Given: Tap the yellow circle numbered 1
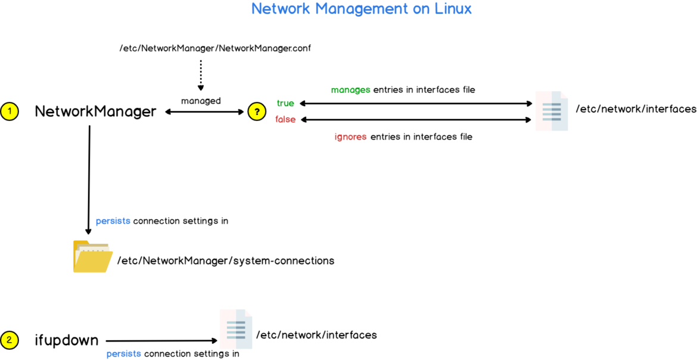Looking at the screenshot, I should pyautogui.click(x=10, y=111).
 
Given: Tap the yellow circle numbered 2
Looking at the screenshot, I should pyautogui.click(x=10, y=340).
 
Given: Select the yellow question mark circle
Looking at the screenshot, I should pyautogui.click(x=257, y=111).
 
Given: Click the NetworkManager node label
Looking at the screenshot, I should pyautogui.click(x=95, y=111).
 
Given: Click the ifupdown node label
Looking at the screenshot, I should pyautogui.click(x=67, y=340).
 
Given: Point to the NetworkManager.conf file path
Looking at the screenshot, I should pyautogui.click(x=215, y=48).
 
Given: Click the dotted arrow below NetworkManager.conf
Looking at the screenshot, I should pyautogui.click(x=201, y=75).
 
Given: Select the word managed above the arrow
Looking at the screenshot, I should pyautogui.click(x=201, y=101).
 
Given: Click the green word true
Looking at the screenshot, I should pyautogui.click(x=285, y=103).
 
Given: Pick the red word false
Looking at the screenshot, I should pyautogui.click(x=285, y=119).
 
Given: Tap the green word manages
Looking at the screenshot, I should pyautogui.click(x=351, y=89).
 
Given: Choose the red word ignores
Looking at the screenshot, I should pyautogui.click(x=350, y=136).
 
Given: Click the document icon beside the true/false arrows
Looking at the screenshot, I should pyautogui.click(x=552, y=111).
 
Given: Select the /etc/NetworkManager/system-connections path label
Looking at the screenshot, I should pyautogui.click(x=226, y=260).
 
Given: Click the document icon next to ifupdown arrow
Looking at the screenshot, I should pyautogui.click(x=236, y=329).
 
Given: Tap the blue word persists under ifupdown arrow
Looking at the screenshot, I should pyautogui.click(x=124, y=353).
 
